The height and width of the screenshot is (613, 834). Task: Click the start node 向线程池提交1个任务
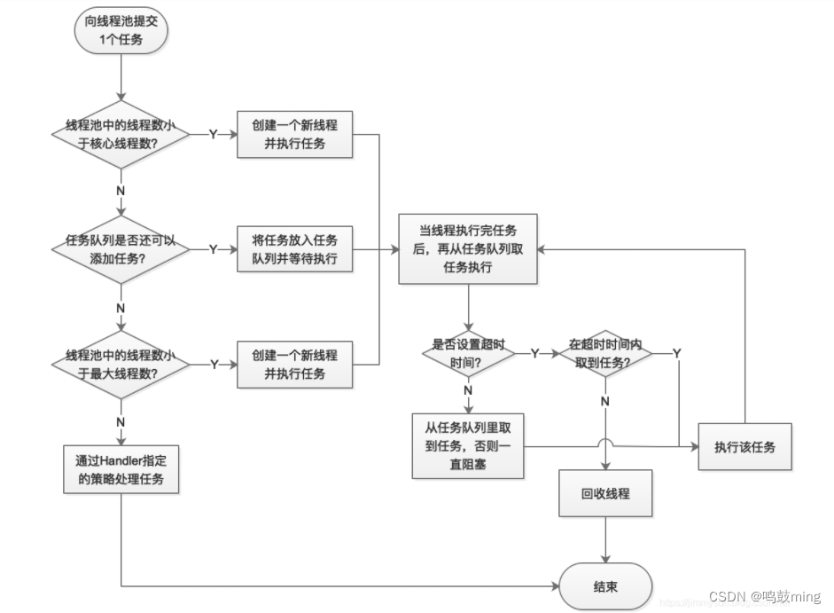pyautogui.click(x=120, y=32)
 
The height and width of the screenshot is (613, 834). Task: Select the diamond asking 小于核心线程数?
pyautogui.click(x=120, y=134)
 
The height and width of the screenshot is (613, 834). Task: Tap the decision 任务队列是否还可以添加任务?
pyautogui.click(x=120, y=249)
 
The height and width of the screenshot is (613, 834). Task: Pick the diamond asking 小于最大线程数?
pyautogui.click(x=120, y=364)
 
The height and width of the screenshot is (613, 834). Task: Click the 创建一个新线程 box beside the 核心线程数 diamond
pyautogui.click(x=295, y=134)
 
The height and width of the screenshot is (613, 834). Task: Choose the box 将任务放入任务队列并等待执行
pyautogui.click(x=295, y=249)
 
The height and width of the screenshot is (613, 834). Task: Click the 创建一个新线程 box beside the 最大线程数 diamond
pyautogui.click(x=295, y=364)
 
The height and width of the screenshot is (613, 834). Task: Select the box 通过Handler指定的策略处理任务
pyautogui.click(x=120, y=470)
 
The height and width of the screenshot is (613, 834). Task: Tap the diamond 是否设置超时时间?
pyautogui.click(x=468, y=353)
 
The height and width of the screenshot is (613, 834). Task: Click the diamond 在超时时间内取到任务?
pyautogui.click(x=605, y=353)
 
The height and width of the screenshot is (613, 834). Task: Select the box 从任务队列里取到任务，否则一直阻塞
pyautogui.click(x=468, y=446)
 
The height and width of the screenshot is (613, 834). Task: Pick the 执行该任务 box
pyautogui.click(x=744, y=446)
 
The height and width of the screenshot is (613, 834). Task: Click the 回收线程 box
pyautogui.click(x=605, y=493)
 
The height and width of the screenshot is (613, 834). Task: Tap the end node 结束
pyautogui.click(x=605, y=587)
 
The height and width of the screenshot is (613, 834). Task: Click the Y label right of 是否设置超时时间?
pyautogui.click(x=534, y=353)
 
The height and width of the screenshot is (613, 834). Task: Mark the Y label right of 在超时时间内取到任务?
pyautogui.click(x=676, y=353)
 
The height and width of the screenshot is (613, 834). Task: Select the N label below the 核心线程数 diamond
pyautogui.click(x=120, y=190)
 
